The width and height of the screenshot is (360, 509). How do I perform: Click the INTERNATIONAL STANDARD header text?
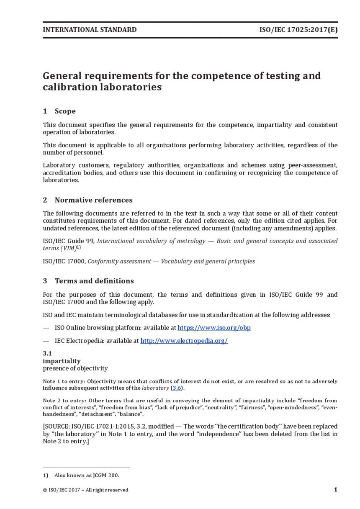click(x=90, y=30)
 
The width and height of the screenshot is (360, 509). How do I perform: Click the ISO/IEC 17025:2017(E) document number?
click(x=298, y=30)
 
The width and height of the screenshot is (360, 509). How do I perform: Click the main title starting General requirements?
click(x=182, y=81)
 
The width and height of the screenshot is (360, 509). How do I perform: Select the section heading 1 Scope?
click(x=59, y=111)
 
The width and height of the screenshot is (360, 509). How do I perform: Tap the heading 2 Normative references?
click(x=87, y=200)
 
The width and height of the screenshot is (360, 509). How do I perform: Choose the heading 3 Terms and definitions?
click(x=88, y=280)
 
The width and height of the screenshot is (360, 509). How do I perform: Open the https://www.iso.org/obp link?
click(x=214, y=328)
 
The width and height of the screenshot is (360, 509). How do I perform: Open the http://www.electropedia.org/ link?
click(x=184, y=341)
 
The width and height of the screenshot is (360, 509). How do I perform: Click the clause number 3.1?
click(x=47, y=353)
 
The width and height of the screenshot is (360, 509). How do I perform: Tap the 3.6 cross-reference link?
click(x=177, y=388)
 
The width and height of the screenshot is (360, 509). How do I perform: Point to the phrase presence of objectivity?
click(x=75, y=368)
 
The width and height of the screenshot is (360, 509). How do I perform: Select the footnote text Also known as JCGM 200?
click(x=87, y=475)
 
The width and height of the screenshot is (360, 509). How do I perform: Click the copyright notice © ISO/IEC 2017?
click(x=85, y=490)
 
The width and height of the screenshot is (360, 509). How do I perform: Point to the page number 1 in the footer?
click(x=335, y=489)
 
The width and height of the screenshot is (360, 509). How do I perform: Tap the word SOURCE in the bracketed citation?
click(x=59, y=426)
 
